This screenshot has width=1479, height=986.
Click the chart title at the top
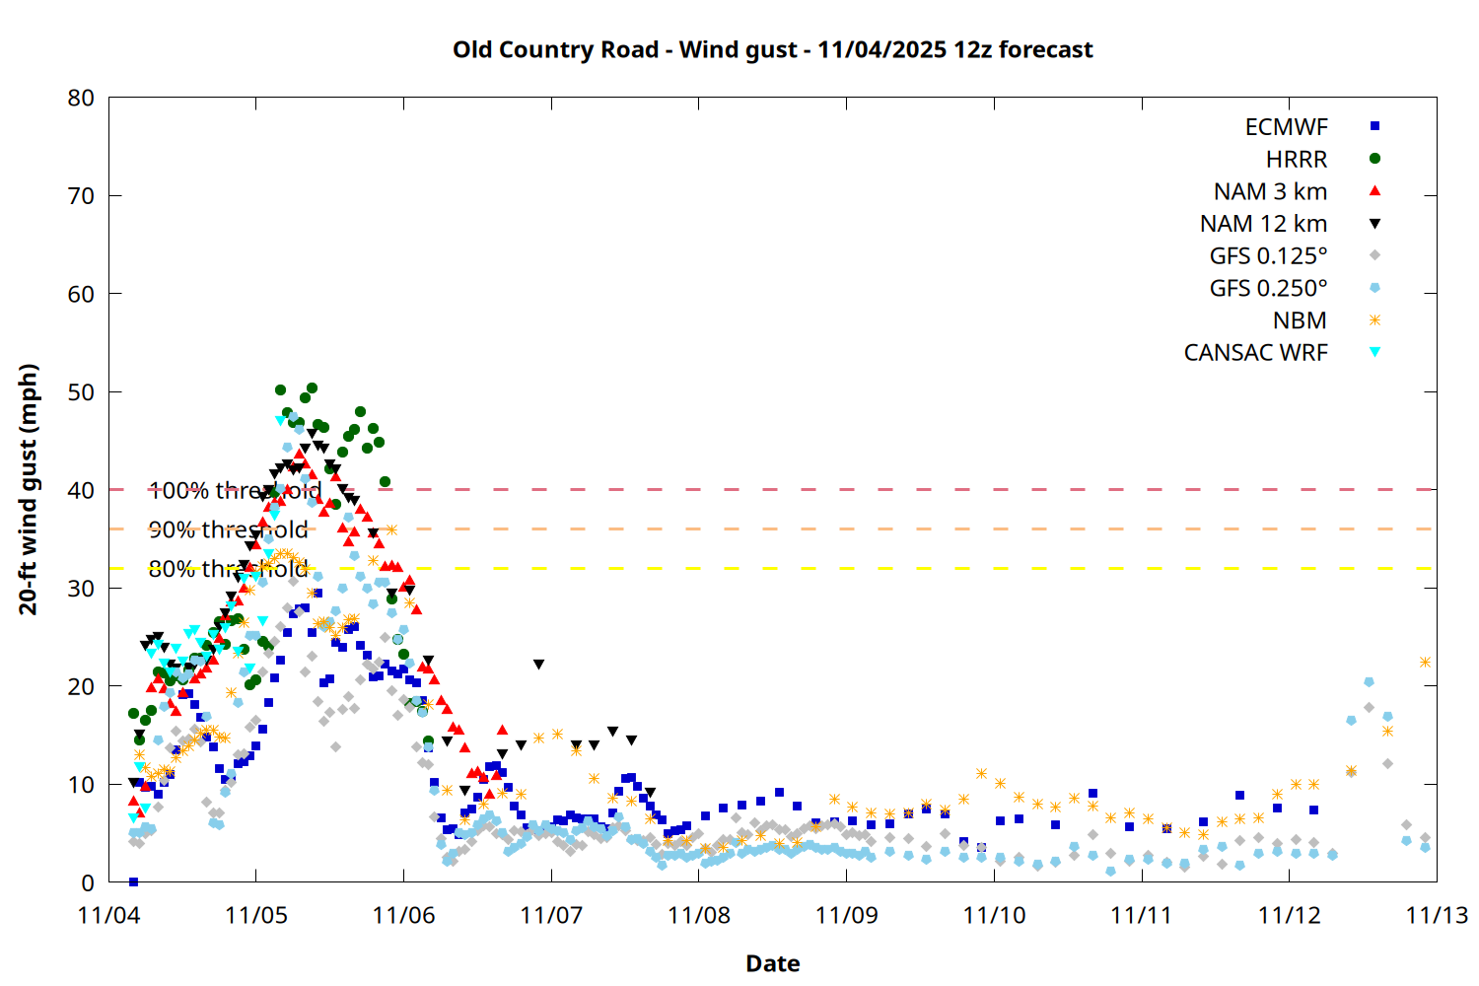772,49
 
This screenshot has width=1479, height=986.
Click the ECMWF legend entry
1287,127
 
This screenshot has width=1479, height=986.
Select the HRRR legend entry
1297,160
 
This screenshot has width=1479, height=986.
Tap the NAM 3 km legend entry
1270,191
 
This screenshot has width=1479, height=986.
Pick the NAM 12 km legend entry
1263,224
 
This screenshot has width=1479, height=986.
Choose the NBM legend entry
1300,320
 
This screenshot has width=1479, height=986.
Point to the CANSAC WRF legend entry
1255,353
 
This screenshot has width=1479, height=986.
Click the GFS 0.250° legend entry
1268,288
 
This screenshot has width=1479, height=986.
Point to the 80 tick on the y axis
82,98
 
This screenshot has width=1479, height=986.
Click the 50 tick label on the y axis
82,392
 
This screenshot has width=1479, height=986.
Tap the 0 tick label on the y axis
89,882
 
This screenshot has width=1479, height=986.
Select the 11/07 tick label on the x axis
551,915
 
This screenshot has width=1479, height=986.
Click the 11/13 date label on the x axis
1436,915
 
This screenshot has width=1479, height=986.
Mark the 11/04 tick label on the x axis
108,915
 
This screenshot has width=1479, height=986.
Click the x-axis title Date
772,963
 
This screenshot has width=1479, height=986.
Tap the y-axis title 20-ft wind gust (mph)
29,489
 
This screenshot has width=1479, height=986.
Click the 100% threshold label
235,490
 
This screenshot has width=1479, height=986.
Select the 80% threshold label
228,569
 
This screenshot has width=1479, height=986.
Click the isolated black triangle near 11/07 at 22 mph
538,665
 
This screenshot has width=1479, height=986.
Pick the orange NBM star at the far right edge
1425,663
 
